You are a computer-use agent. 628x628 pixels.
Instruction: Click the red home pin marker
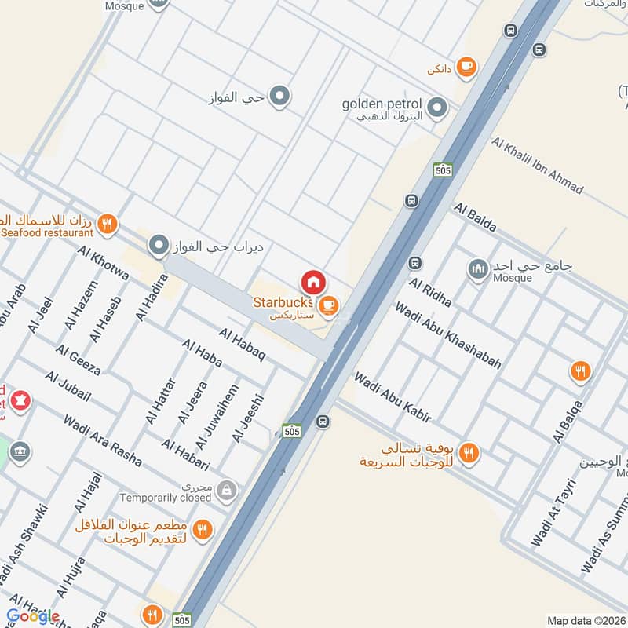pos(312,281)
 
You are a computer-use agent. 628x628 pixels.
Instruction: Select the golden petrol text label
pos(382,104)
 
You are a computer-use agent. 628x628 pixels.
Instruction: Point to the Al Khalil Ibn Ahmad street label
pos(538,166)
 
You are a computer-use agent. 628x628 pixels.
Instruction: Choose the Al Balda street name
pos(475,217)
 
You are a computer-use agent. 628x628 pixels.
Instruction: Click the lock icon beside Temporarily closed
pos(226,491)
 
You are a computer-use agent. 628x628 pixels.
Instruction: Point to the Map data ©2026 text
pos(584,620)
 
